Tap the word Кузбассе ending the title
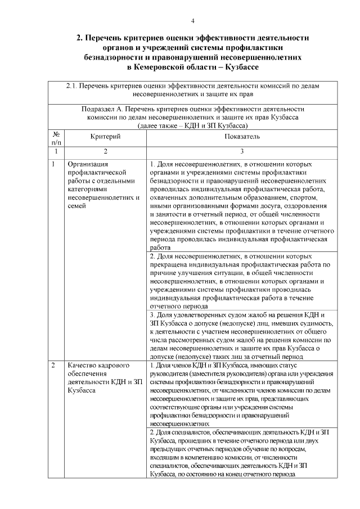click(235, 67)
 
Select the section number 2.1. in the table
click(71, 87)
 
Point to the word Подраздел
click(100, 109)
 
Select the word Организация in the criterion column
click(88, 164)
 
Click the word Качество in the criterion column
click(82, 366)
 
